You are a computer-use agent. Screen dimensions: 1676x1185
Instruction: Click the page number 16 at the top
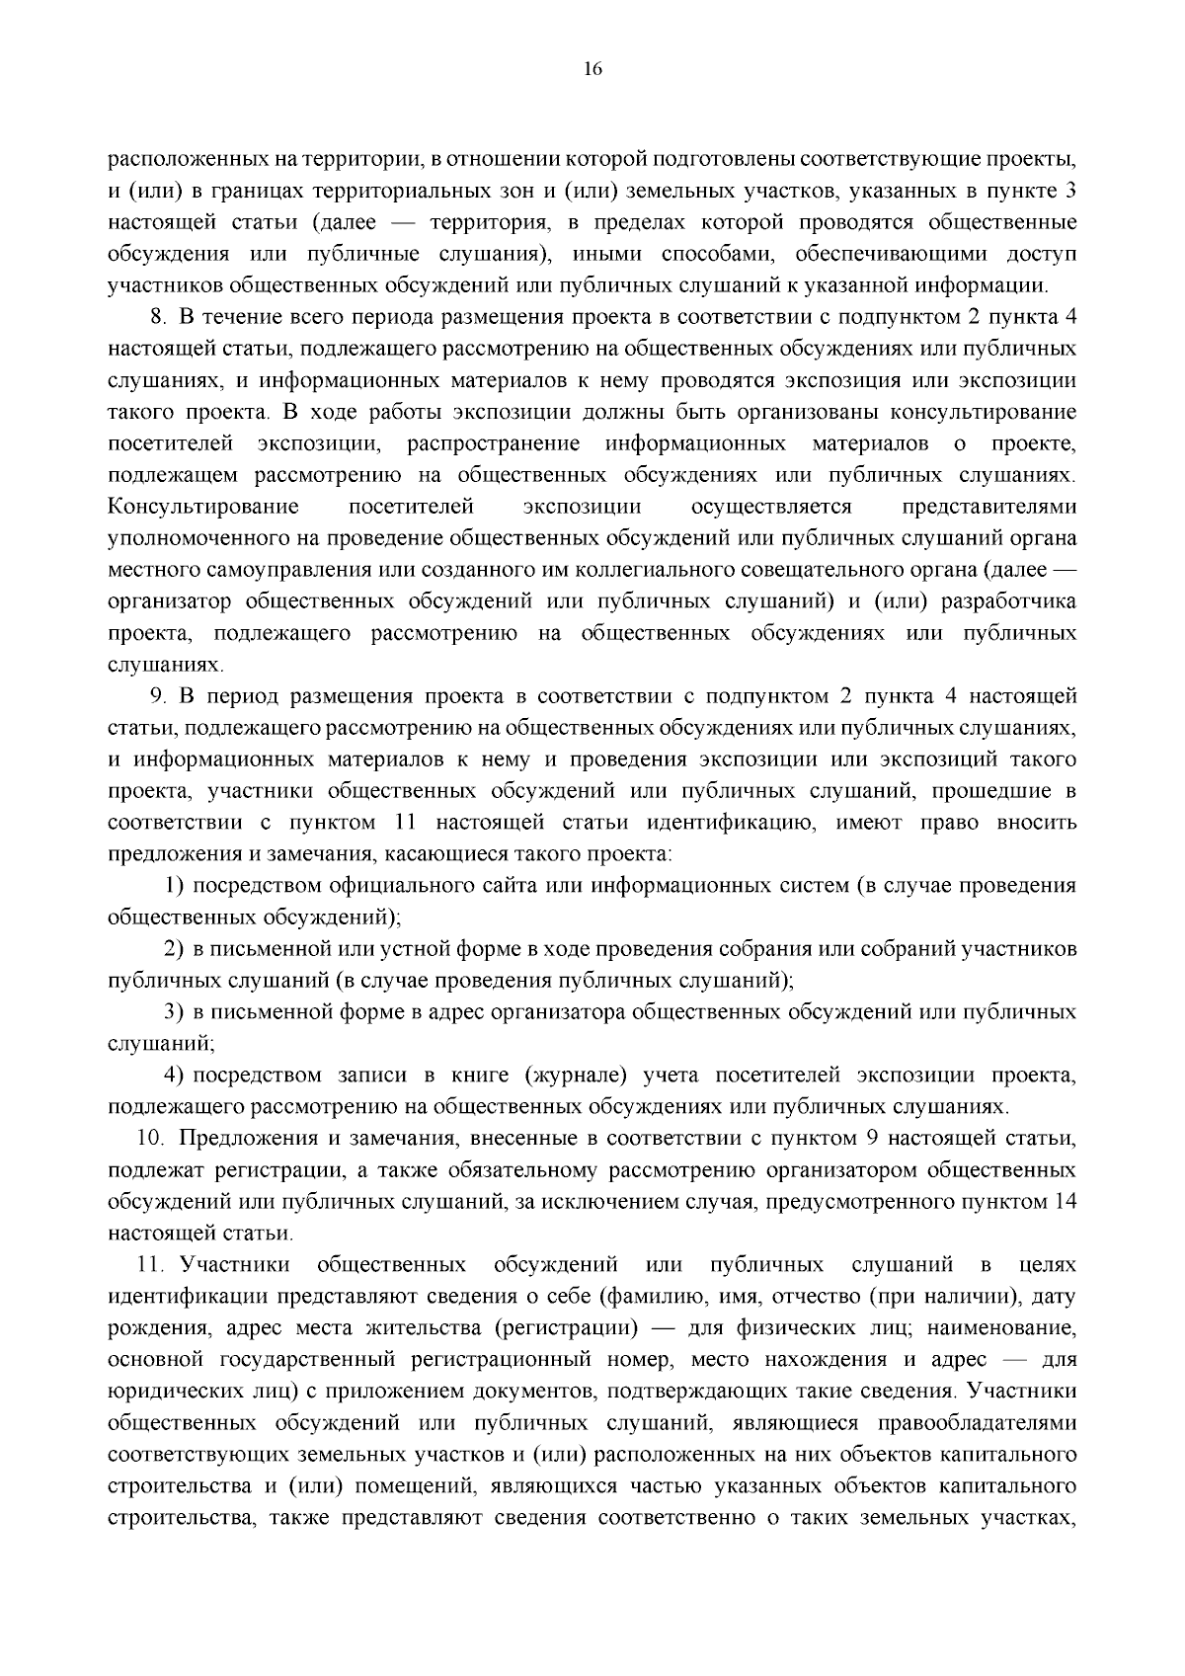(x=592, y=68)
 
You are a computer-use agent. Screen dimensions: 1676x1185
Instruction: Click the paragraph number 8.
(x=156, y=318)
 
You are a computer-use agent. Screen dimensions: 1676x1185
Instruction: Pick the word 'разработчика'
(x=1013, y=602)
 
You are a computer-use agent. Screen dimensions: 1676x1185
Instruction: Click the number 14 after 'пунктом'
(x=1065, y=1202)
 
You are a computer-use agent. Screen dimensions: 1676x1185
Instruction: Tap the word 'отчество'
(x=818, y=1297)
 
